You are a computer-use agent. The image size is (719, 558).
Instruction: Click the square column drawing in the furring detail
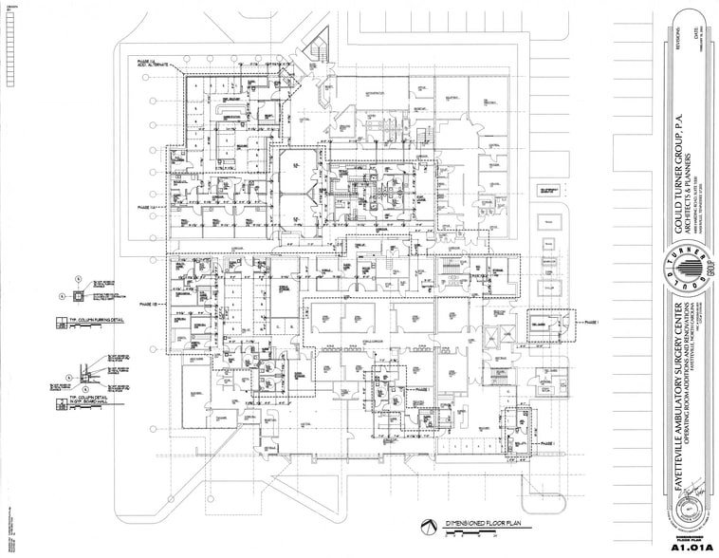[77, 295]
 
